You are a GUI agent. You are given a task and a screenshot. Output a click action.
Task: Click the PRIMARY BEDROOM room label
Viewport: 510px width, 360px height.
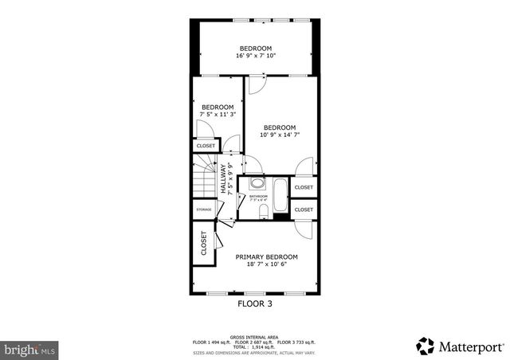[x=266, y=256]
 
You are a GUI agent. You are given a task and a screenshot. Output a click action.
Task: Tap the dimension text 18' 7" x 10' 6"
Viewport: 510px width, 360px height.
[x=266, y=264]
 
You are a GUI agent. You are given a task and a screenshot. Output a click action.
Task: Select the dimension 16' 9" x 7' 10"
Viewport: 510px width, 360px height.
[x=254, y=56]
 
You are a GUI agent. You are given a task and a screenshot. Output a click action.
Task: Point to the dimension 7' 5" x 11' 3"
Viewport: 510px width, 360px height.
[x=217, y=115]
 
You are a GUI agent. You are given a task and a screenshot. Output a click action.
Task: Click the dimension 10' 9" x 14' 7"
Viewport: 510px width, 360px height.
[x=279, y=135]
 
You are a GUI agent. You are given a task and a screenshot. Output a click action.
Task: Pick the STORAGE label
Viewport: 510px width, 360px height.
[x=204, y=209]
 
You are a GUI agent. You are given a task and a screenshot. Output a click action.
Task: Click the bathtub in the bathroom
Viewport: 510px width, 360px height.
[x=280, y=196]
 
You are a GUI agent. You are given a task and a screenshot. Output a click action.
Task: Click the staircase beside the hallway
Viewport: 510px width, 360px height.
[x=204, y=175]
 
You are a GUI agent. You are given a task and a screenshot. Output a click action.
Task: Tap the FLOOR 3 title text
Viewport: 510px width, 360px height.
[x=255, y=303]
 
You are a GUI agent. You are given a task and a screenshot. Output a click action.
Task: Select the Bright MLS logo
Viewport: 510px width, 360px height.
[x=29, y=349]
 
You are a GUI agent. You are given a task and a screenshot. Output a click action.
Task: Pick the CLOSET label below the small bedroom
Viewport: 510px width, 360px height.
[x=206, y=146]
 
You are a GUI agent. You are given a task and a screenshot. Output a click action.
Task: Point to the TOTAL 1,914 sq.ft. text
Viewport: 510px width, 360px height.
[x=255, y=347]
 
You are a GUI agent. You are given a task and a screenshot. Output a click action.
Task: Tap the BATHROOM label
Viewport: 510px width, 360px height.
[x=258, y=196]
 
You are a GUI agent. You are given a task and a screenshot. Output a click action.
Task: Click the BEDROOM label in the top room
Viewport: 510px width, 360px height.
[x=255, y=48]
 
